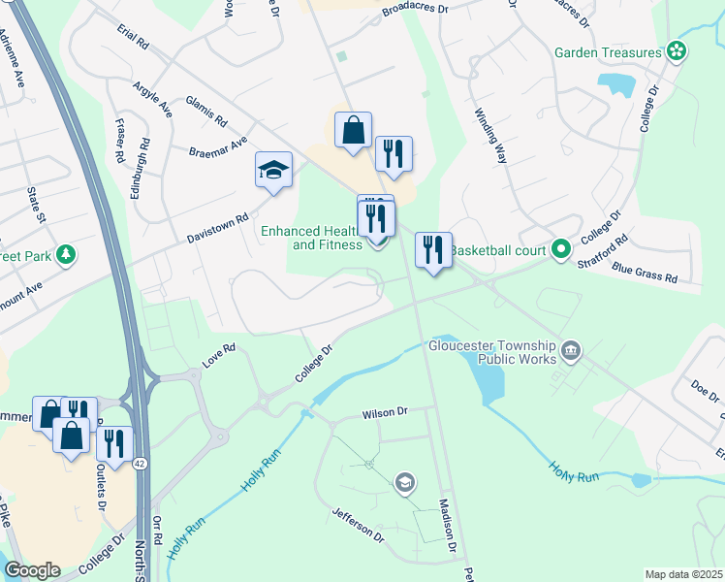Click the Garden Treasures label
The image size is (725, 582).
(x=608, y=52)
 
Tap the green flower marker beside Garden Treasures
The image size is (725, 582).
(x=678, y=51)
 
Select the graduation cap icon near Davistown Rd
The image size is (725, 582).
(x=273, y=171)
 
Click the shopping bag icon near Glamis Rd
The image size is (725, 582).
(x=353, y=130)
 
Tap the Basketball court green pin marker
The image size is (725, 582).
(x=560, y=249)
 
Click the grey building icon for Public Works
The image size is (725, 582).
(x=571, y=349)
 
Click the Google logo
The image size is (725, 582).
(x=32, y=570)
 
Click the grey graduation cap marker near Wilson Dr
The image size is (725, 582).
(x=404, y=482)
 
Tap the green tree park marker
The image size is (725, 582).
(x=66, y=255)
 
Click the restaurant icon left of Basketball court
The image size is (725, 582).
(x=433, y=250)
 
